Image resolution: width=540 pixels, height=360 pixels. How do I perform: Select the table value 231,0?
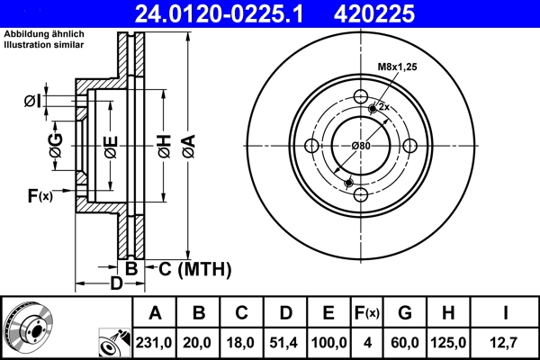tap(155, 343)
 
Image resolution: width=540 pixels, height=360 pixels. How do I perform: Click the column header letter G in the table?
tap(404, 314)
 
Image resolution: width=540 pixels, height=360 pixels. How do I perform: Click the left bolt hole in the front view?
tap(312, 147)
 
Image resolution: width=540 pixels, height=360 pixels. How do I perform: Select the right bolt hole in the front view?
tap(409, 147)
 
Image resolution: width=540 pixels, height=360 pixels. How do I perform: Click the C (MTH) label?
tap(196, 268)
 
